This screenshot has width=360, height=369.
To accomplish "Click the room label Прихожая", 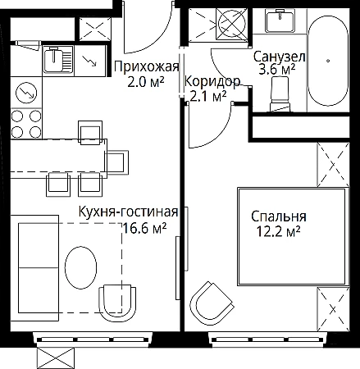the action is coord(147,66).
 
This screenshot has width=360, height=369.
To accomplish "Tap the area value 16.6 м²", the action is coord(144,228).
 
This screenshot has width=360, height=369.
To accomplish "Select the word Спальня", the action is coord(279,216).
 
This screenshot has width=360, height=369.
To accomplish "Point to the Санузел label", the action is coord(279,57).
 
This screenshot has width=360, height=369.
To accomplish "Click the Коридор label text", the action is coord(212,81).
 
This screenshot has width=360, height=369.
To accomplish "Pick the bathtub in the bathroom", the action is coord(328,61).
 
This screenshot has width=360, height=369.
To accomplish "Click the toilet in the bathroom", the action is coord(280,93).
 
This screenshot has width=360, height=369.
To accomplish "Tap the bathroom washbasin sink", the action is coord(280,20).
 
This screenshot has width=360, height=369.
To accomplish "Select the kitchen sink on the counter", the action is coord(58,60).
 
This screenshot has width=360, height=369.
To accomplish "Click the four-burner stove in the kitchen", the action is coord(26,124).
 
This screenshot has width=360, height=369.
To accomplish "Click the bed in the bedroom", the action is coord(293,236).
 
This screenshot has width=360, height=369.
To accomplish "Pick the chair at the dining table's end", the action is coord(117,162).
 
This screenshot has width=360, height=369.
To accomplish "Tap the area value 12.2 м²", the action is coord(278,231).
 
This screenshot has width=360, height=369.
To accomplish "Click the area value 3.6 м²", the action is coord(277,69).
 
